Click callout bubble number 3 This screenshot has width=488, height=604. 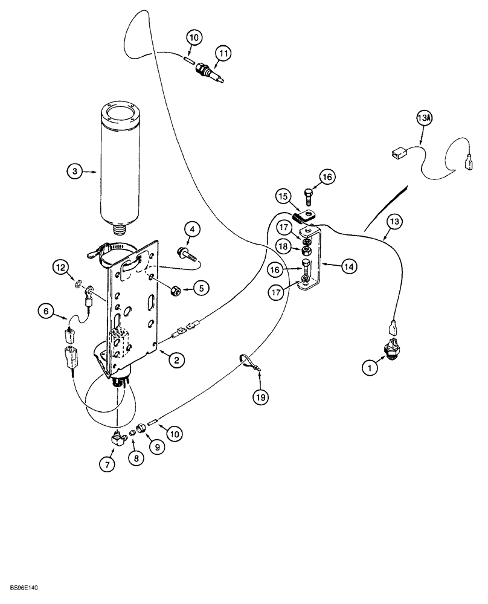click(x=74, y=172)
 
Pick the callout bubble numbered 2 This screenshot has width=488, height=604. click(x=176, y=361)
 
